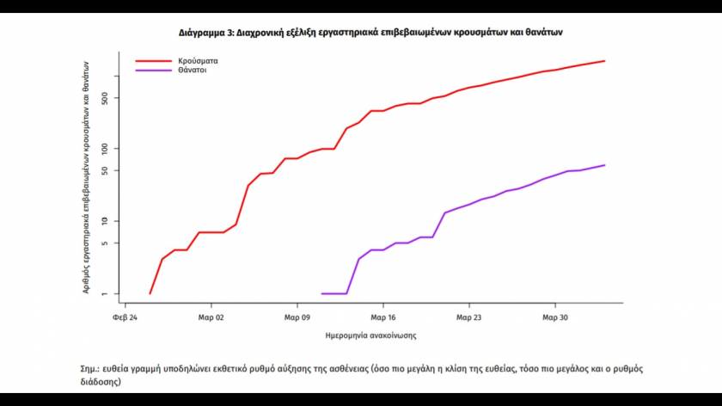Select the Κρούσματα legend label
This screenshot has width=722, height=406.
197,61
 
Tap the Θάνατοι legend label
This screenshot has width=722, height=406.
193,71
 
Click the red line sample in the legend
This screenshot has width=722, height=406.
153,61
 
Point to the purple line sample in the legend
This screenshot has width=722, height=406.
153,71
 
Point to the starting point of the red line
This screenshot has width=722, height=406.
150,294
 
